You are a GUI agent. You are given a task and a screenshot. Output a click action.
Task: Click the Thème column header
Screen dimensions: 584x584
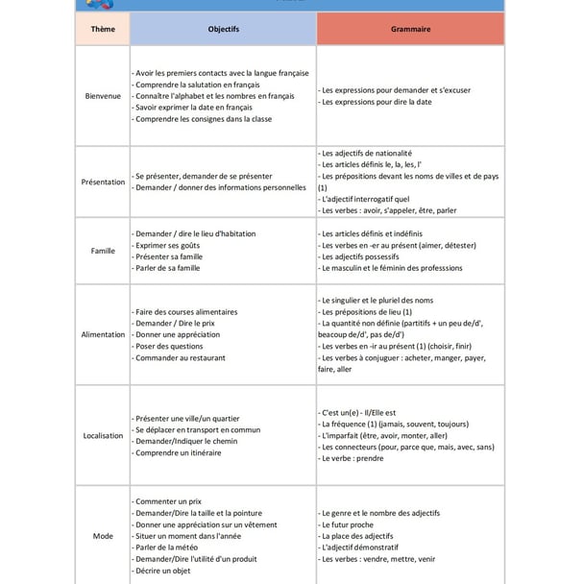[x=102, y=30]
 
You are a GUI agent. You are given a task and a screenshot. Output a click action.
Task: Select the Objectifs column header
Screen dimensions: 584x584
[x=223, y=30]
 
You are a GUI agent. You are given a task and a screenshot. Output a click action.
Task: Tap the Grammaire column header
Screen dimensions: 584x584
[x=410, y=30]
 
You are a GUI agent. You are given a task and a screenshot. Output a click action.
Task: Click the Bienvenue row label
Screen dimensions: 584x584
[x=102, y=96]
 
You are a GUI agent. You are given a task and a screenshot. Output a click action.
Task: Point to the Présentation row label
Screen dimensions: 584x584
[x=102, y=182]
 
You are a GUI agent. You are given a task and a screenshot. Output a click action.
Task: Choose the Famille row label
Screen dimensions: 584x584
[x=102, y=251]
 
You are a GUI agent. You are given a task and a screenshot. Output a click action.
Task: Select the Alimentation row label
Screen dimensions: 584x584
[x=102, y=334]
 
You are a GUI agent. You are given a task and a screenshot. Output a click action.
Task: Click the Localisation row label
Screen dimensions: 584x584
[x=102, y=435]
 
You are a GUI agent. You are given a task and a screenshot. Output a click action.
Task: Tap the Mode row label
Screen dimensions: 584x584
[x=102, y=536]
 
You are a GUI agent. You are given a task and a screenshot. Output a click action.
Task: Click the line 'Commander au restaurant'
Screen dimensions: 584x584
[x=180, y=358]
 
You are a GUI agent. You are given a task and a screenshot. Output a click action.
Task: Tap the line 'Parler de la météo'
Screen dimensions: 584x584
[x=170, y=547]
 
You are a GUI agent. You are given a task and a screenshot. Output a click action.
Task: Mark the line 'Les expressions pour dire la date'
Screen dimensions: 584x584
[x=376, y=102]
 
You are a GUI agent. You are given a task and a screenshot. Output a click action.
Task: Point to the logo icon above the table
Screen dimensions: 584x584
[x=97, y=4]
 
